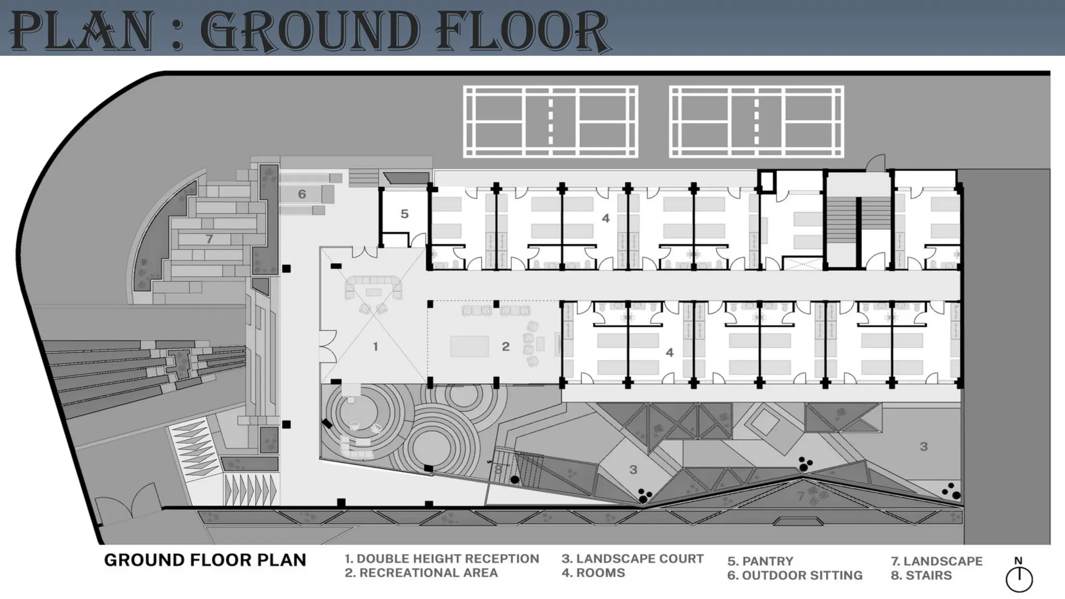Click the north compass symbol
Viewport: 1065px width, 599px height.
tap(1019, 579)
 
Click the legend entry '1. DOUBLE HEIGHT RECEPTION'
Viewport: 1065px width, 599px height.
tap(441, 559)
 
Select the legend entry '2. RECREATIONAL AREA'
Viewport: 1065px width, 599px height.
tap(421, 573)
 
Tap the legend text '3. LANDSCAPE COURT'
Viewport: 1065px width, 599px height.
tap(632, 559)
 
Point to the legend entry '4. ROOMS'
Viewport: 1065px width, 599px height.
tap(593, 573)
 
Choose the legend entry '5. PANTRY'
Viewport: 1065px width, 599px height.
tap(760, 562)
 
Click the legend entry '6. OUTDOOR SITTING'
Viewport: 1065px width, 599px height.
tap(795, 576)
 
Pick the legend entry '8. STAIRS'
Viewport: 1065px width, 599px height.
tap(921, 576)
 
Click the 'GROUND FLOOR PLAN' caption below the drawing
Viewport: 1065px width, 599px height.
tap(205, 560)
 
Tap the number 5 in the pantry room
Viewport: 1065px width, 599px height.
tap(405, 214)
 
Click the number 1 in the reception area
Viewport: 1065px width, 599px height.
tap(375, 346)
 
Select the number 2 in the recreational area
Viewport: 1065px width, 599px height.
tap(505, 346)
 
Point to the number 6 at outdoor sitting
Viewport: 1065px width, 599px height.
tap(302, 194)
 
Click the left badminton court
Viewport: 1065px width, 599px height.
tap(551, 122)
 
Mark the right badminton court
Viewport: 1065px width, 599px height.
tap(757, 122)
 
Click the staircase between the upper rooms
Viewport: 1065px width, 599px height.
tap(841, 218)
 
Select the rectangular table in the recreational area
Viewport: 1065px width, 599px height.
tap(470, 346)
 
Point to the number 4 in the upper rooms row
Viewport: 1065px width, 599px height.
tap(606, 218)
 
